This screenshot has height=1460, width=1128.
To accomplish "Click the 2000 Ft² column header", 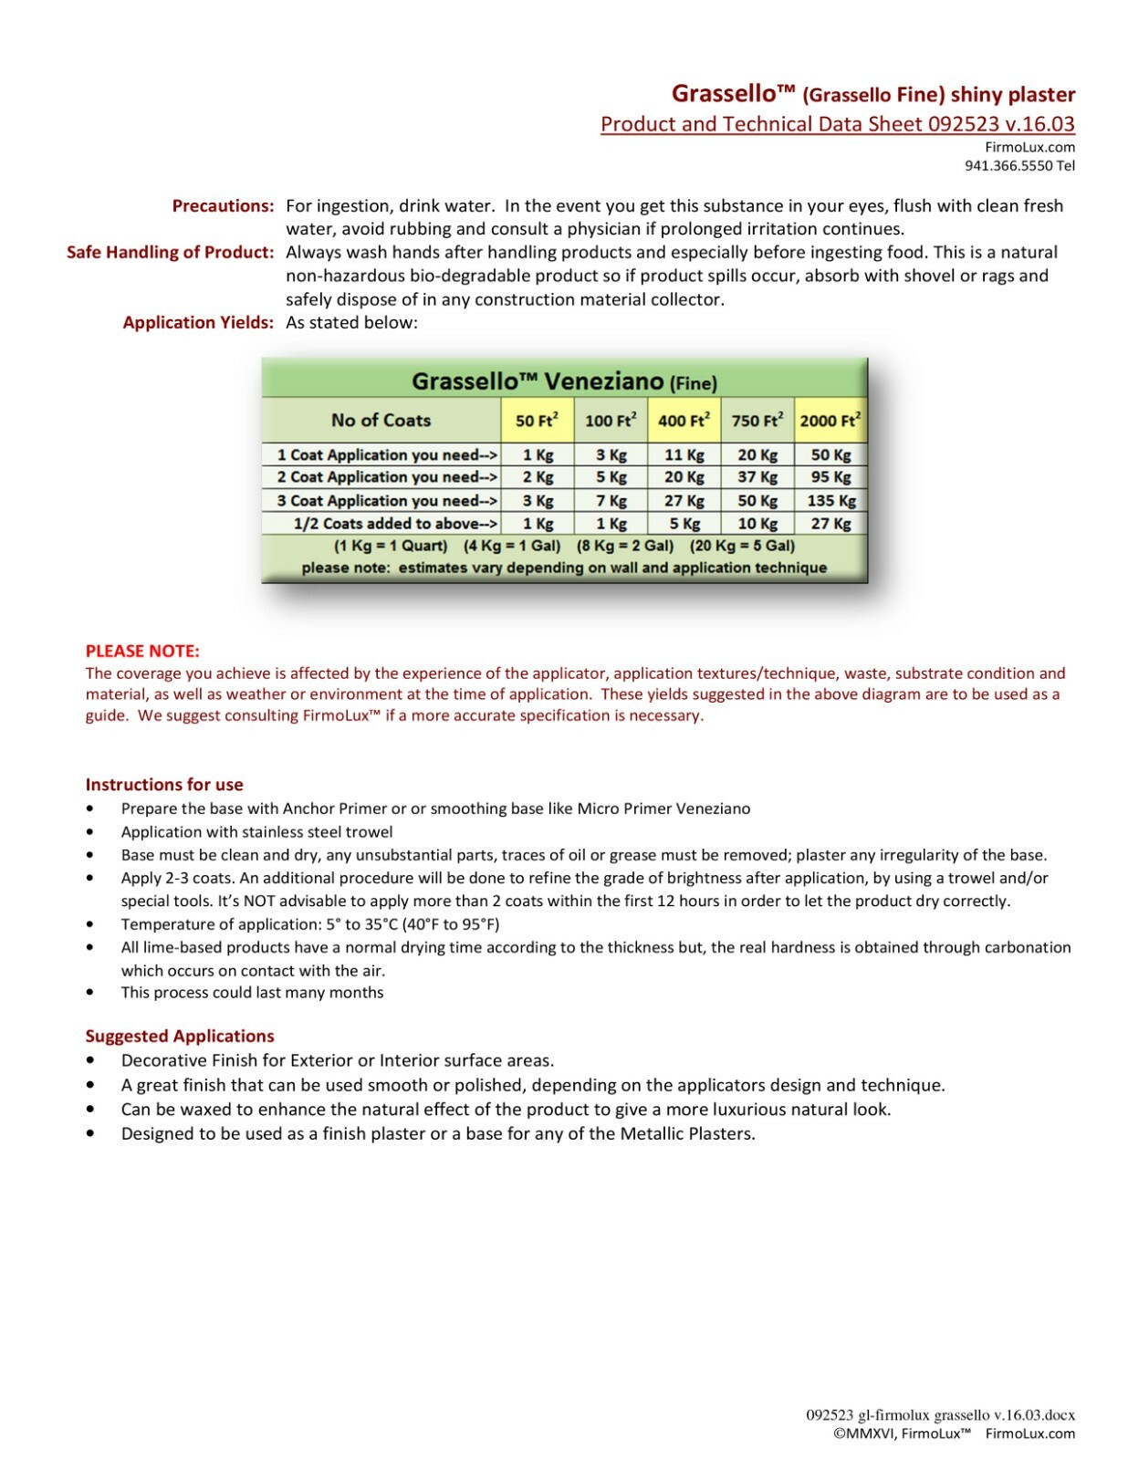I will (x=830, y=421).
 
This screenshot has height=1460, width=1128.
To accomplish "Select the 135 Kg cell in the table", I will (x=830, y=501).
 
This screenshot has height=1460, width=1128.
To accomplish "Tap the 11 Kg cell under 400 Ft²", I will (x=684, y=455).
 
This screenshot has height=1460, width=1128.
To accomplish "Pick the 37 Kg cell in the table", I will (x=757, y=477).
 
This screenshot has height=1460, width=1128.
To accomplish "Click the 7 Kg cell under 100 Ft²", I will (x=611, y=501).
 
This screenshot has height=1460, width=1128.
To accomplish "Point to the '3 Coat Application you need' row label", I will (x=386, y=501).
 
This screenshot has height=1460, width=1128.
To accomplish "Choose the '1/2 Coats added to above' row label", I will (x=395, y=524).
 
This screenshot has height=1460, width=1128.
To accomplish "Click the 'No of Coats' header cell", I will (x=381, y=421).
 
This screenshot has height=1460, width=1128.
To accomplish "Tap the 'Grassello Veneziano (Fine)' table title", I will (x=563, y=381).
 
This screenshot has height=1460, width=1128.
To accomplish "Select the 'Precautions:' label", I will (x=223, y=206).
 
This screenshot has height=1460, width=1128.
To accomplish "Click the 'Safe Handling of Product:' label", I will (x=170, y=253).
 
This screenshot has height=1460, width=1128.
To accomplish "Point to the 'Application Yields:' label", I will (x=198, y=322).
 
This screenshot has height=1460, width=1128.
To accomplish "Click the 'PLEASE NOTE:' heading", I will (x=142, y=652).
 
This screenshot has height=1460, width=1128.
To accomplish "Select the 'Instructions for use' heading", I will (x=164, y=785).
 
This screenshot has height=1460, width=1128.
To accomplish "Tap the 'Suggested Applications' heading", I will (x=180, y=1037).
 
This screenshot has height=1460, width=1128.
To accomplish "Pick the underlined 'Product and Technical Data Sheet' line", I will (x=837, y=125).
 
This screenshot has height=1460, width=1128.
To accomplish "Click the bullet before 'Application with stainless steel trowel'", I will (x=89, y=832).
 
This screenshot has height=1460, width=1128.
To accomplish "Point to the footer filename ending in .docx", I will (x=940, y=1415).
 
